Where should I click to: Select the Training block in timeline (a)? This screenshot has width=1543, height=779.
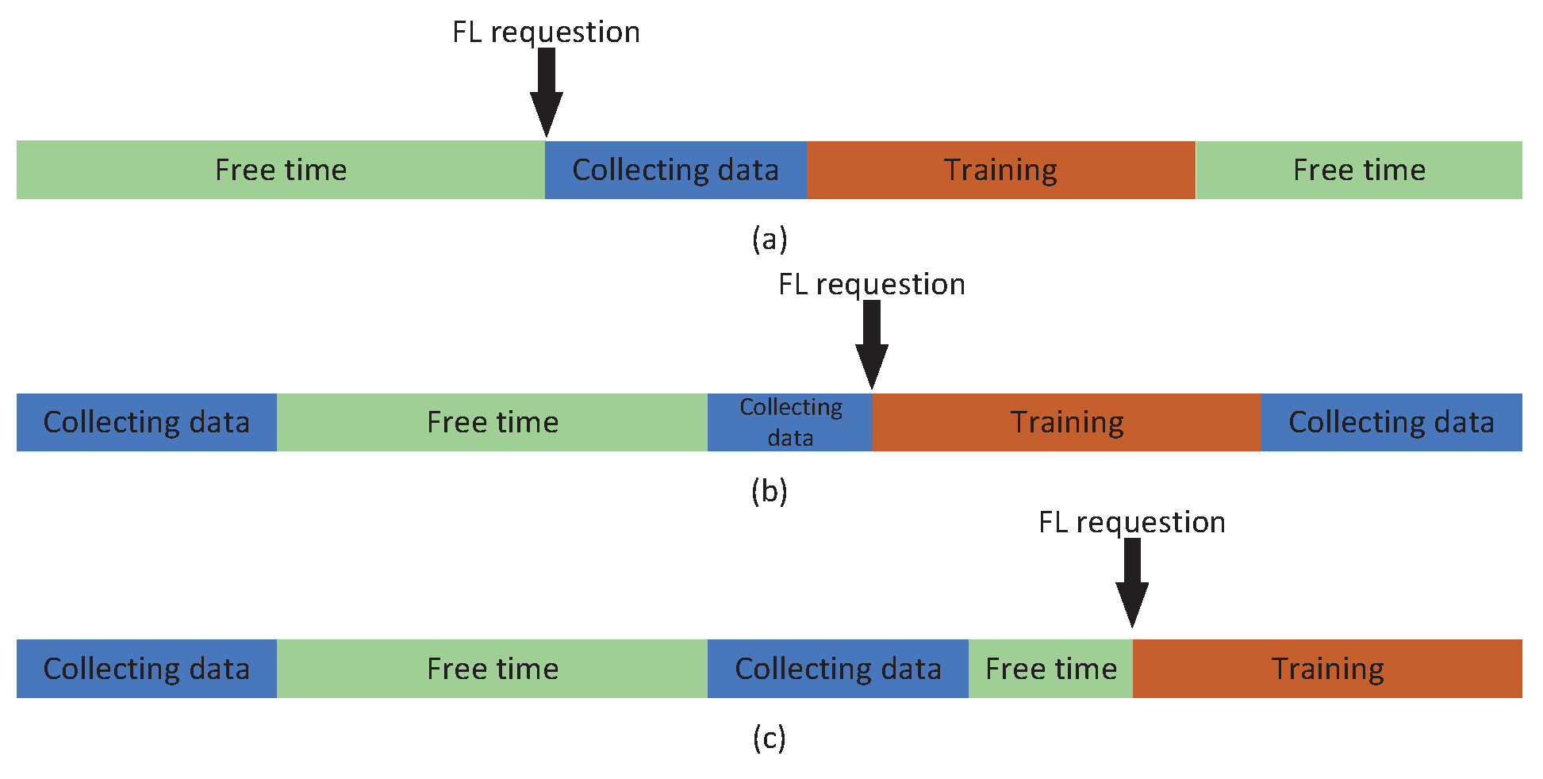coord(1000,170)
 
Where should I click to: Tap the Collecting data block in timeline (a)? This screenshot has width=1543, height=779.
coord(675,170)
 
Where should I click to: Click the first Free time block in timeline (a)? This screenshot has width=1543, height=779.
coord(281,170)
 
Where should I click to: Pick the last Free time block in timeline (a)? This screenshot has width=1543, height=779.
coord(1358,170)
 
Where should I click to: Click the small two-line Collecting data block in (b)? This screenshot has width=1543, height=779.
coord(790,422)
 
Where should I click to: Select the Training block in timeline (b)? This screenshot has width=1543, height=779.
coord(1066,422)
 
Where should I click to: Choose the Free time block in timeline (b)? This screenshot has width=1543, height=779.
coord(492,422)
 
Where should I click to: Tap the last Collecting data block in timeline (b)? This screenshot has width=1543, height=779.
coord(1391,422)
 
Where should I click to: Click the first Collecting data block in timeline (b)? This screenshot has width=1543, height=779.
coord(146,422)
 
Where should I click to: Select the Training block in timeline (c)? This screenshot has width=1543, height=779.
coord(1327,669)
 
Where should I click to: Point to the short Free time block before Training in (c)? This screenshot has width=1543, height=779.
coord(1050,669)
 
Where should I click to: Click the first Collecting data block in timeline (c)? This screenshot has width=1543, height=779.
coord(146,669)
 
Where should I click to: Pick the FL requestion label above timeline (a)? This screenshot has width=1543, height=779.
coord(546,32)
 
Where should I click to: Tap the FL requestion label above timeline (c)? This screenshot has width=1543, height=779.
coord(1131,522)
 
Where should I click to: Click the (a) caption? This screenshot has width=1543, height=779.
coord(769,238)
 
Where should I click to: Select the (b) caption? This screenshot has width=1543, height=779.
coord(769,491)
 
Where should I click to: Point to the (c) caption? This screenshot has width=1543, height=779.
coord(769,738)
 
